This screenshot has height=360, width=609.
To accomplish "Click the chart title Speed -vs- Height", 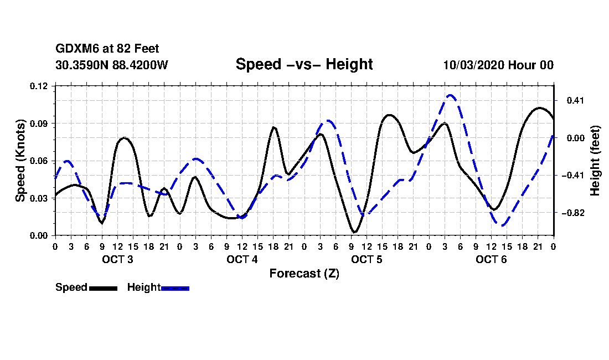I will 304,64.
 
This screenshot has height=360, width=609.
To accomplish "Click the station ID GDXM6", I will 74,49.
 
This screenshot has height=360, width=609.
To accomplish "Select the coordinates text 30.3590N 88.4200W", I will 112,65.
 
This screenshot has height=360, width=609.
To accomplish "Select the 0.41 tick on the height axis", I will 568,101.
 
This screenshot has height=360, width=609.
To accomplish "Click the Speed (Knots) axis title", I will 20,161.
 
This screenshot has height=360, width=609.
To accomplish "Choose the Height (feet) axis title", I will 595,161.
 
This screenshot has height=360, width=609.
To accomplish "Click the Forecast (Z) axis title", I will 304,273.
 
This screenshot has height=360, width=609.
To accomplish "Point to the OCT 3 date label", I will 117,259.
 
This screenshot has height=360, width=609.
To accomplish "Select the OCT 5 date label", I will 367,259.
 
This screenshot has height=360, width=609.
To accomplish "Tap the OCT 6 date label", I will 491,259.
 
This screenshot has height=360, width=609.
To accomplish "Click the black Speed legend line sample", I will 103,288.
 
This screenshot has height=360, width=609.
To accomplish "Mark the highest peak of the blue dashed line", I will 450,95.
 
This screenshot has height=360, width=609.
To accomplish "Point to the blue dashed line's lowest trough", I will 502,225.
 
